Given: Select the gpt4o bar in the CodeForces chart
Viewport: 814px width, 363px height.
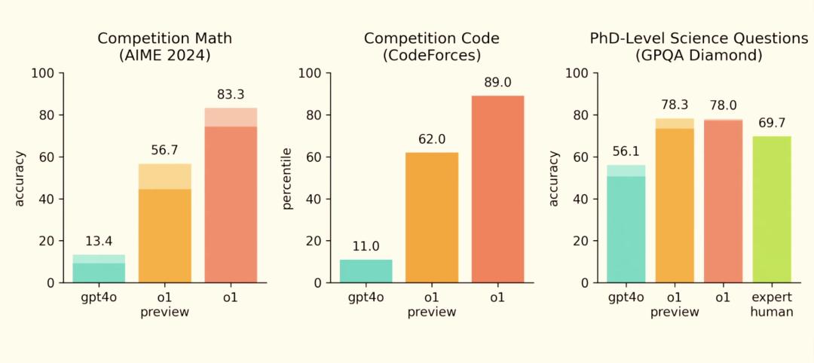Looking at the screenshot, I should pyautogui.click(x=366, y=271).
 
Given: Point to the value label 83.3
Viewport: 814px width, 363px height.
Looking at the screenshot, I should pyautogui.click(x=231, y=94).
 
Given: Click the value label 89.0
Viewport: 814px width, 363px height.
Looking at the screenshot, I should pyautogui.click(x=497, y=82).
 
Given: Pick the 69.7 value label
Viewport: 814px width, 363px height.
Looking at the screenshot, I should pyautogui.click(x=771, y=123).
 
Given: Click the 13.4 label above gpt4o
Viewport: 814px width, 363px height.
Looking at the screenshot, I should pyautogui.click(x=99, y=241).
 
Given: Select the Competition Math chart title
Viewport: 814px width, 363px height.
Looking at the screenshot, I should pyautogui.click(x=164, y=47).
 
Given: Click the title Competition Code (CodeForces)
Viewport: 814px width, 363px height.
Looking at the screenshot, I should pyautogui.click(x=432, y=47).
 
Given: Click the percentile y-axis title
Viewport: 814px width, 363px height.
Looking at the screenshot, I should pyautogui.click(x=287, y=178).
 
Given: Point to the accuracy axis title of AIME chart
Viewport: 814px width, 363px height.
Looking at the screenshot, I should pyautogui.click(x=20, y=178).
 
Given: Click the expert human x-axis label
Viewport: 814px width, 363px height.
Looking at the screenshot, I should pyautogui.click(x=771, y=304).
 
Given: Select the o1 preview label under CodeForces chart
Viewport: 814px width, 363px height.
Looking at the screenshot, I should pyautogui.click(x=432, y=304).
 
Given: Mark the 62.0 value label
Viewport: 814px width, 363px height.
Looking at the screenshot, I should pyautogui.click(x=432, y=139).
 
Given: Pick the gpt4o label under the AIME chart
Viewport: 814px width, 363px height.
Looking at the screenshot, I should pyautogui.click(x=99, y=297).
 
